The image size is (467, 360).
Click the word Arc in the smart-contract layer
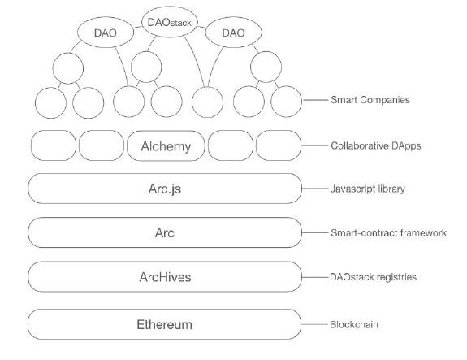tap(165, 232)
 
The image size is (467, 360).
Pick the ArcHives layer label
tap(165, 277)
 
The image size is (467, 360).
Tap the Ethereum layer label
tap(164, 324)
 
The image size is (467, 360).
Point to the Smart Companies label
tap(370, 100)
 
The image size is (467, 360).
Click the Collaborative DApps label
tap(376, 145)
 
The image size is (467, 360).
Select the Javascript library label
tap(368, 189)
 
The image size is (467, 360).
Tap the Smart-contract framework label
tap(389, 232)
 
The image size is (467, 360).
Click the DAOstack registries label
tap(373, 277)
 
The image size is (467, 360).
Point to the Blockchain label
tap(354, 324)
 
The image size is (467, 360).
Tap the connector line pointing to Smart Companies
tap(315, 100)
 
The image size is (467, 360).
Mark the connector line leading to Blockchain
tap(314, 324)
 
